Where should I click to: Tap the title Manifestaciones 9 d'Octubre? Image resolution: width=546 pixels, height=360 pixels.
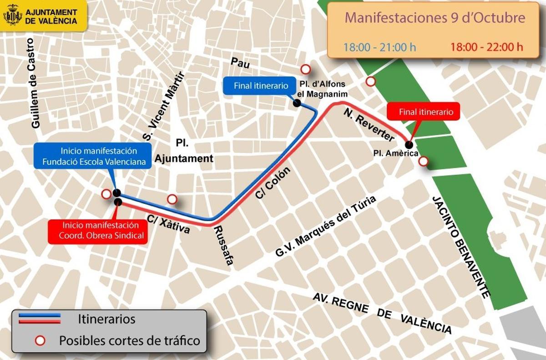click(x=435, y=18)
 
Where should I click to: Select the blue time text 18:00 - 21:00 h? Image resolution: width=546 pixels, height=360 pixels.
click(x=379, y=46)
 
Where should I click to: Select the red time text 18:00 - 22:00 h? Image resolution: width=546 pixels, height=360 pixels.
click(x=486, y=46)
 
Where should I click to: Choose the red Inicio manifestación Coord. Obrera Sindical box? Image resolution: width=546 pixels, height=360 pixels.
click(x=99, y=230)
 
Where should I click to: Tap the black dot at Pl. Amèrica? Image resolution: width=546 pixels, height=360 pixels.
click(x=409, y=145)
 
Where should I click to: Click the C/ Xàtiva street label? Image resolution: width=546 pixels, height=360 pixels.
click(x=168, y=225)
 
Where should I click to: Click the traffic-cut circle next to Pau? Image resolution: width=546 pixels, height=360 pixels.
click(x=306, y=69)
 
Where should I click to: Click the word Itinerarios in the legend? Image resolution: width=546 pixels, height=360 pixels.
click(x=106, y=319)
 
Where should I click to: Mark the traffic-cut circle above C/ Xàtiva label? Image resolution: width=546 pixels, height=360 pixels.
click(x=172, y=199)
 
